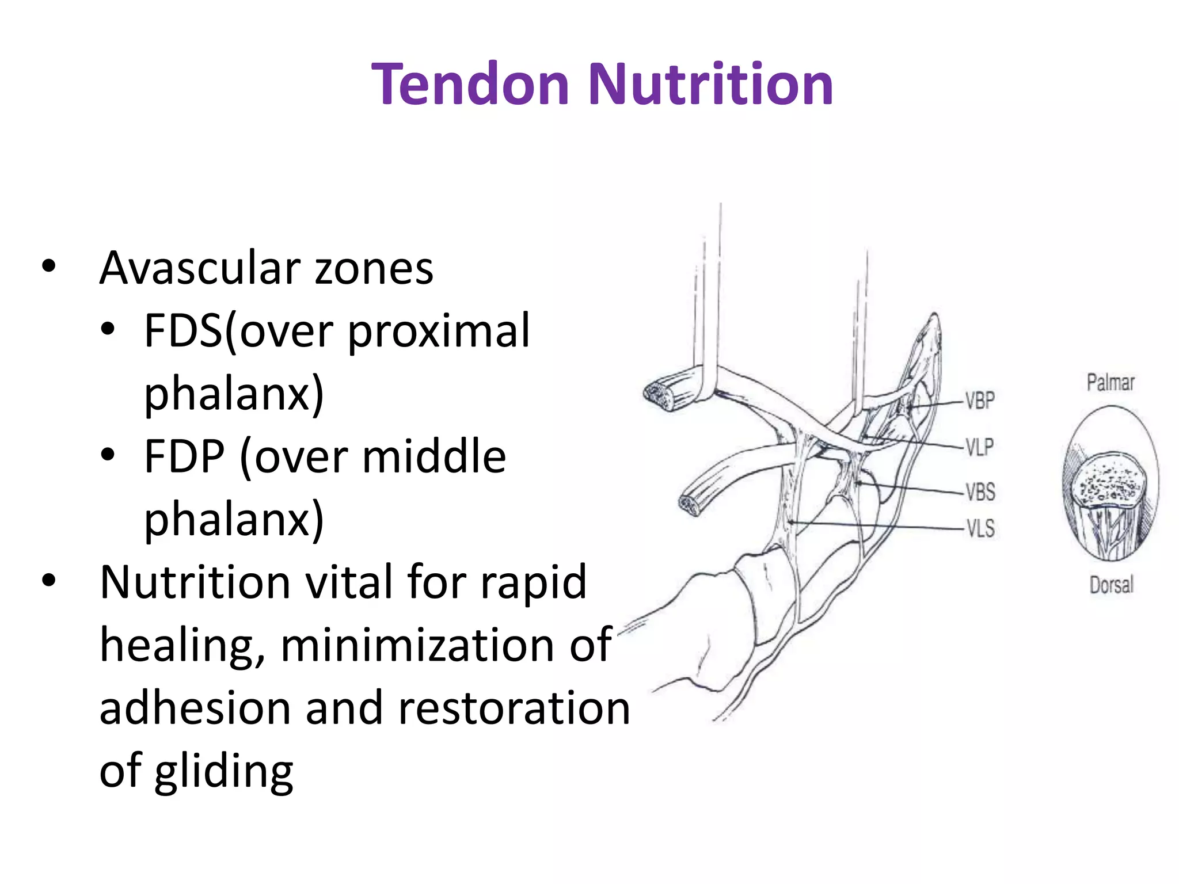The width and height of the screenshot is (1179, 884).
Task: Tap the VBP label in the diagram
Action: point(980,401)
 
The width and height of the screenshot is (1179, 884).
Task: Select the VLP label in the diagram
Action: point(979,447)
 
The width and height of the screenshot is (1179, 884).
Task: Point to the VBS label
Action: point(980,492)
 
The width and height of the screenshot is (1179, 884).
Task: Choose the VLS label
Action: point(980,528)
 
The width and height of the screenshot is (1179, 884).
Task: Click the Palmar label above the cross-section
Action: point(1110,383)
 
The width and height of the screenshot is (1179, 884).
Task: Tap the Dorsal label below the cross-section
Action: point(1111,585)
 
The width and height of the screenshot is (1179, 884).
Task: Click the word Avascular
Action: point(200,268)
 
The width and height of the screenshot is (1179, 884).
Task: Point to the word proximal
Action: point(439,332)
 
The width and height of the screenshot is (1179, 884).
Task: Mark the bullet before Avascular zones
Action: point(49,266)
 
